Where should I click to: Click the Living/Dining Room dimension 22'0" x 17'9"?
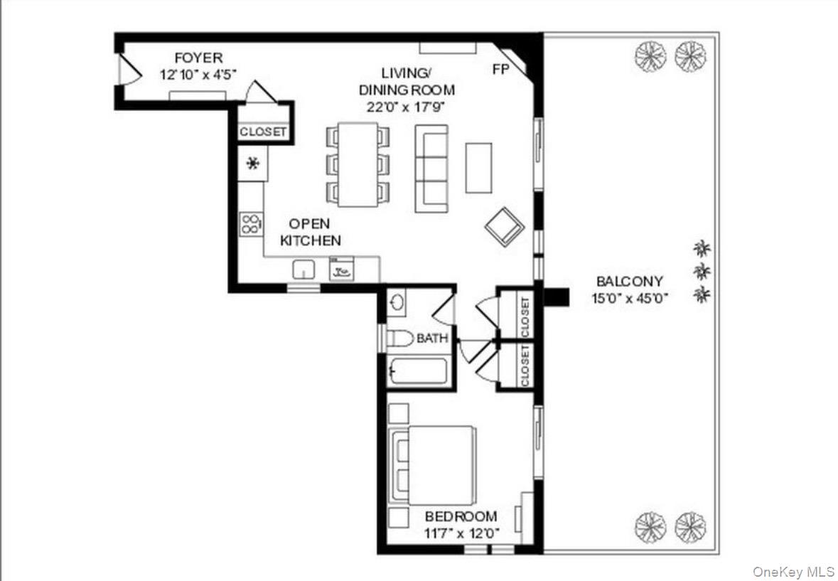407,107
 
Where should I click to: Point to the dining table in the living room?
358,164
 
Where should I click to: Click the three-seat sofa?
432,169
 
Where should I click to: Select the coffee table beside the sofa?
478,168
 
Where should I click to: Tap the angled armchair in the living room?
505,227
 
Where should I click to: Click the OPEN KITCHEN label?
310,233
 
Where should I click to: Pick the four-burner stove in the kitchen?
251,225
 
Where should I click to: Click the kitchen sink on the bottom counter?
304,270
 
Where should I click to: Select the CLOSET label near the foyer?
263,132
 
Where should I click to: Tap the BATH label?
432,339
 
